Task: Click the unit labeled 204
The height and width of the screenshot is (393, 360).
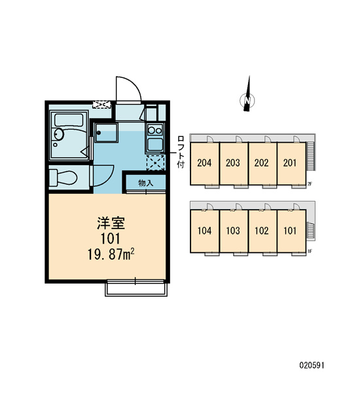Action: [x=204, y=163]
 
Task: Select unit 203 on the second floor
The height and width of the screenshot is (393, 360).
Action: [x=233, y=163]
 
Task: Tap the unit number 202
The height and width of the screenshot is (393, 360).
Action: [x=261, y=163]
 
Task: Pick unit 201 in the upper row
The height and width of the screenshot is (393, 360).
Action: [x=289, y=163]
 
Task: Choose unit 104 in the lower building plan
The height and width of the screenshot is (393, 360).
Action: [x=204, y=231]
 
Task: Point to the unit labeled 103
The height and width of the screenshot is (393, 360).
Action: [x=233, y=231]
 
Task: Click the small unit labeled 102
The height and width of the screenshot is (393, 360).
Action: [x=262, y=231]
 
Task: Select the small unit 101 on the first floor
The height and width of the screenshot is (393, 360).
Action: [x=290, y=231]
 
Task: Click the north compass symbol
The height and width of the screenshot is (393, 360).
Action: [x=247, y=100]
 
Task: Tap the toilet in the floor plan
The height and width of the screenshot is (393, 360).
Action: [x=63, y=178]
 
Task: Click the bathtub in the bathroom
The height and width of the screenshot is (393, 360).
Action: [x=69, y=121]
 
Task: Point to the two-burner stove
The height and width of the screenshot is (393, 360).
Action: [x=155, y=130]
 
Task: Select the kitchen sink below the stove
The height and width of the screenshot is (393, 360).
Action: [x=155, y=145]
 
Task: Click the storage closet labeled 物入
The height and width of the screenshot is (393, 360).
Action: [x=145, y=183]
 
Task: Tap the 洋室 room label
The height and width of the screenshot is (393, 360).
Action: [x=111, y=223]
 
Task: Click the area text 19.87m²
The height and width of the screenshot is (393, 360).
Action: [x=111, y=255]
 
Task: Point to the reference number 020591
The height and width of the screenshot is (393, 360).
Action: [x=312, y=365]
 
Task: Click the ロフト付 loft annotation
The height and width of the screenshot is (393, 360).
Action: [x=181, y=152]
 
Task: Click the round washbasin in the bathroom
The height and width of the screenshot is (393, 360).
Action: [x=59, y=134]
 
